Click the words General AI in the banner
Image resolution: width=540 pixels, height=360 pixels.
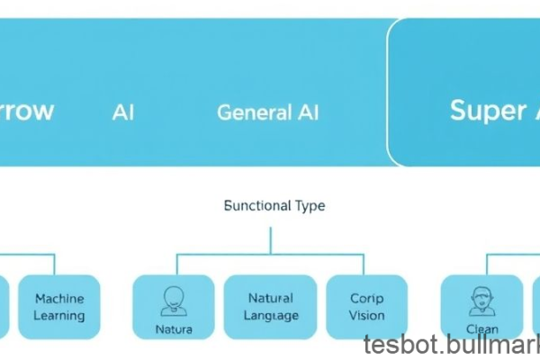point(267,112)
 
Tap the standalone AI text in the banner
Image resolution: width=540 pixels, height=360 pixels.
point(123,112)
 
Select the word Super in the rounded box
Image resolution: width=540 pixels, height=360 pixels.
point(487,111)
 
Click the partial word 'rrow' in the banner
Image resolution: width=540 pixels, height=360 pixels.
point(25,111)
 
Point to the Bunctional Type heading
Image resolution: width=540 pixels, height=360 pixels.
point(274,205)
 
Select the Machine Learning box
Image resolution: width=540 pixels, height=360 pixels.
point(59,306)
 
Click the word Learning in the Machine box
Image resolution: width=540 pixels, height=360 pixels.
point(59,316)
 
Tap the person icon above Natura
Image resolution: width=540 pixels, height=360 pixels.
point(173,298)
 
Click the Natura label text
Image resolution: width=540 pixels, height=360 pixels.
point(173,329)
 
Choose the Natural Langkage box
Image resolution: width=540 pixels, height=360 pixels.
point(270,306)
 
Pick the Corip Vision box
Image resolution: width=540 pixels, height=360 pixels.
point(366,306)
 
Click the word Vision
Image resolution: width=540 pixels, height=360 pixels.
point(366,316)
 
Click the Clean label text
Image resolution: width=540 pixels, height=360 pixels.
point(481,329)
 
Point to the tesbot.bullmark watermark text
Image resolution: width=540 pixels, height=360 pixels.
point(451,346)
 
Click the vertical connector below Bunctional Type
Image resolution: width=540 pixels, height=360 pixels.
point(270,239)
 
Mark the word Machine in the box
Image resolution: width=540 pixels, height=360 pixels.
point(59,298)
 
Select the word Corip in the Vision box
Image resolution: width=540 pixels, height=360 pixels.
point(366,298)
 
